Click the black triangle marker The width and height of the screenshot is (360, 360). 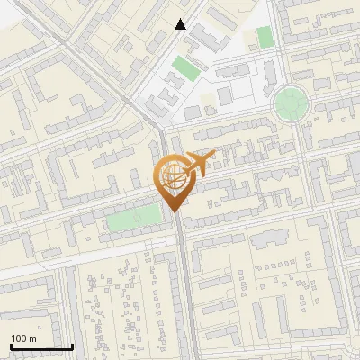click(x=181, y=24)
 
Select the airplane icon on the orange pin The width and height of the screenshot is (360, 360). click(x=198, y=165)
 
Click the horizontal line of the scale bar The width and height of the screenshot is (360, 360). click(x=41, y=347)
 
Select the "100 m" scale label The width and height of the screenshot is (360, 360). click(x=23, y=338)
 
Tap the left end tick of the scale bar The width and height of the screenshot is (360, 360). click(x=11, y=346)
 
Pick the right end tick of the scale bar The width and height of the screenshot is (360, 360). click(x=72, y=346)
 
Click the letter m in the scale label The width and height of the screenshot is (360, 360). click(x=32, y=338)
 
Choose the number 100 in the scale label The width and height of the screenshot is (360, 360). click(x=19, y=338)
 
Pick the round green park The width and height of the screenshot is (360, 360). click(x=290, y=103)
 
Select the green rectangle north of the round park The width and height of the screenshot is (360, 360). click(x=264, y=37)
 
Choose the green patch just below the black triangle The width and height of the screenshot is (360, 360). click(x=184, y=67)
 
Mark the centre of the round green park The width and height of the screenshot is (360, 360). click(x=290, y=103)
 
